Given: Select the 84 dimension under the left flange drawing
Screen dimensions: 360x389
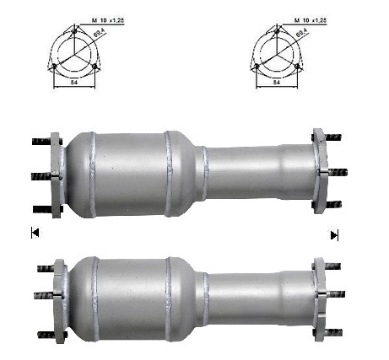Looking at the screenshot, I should (75, 83).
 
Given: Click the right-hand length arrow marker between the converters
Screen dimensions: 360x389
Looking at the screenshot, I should (334, 234).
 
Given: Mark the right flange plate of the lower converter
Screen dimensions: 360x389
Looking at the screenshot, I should (319, 294).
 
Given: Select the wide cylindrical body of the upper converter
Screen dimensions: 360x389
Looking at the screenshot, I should (131, 174).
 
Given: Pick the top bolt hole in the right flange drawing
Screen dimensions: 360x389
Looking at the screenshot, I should (277, 30).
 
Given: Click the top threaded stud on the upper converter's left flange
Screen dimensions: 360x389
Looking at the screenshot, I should (41, 140).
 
